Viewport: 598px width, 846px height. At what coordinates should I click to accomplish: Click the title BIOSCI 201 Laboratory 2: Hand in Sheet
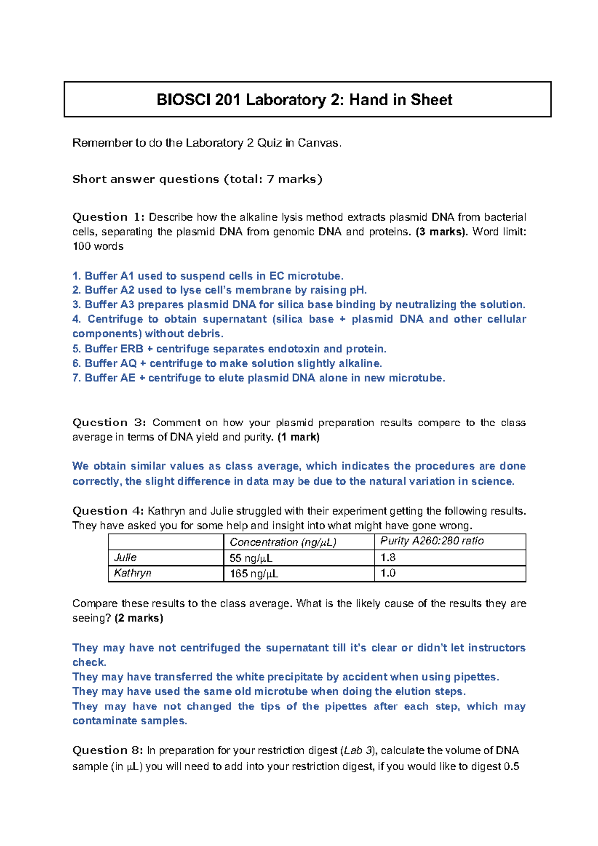pyautogui.click(x=304, y=100)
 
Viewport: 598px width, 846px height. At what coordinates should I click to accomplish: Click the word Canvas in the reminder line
pyautogui.click(x=319, y=143)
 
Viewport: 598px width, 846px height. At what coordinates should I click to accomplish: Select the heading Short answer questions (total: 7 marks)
pyautogui.click(x=197, y=179)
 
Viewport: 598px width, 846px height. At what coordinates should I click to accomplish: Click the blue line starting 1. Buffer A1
pyautogui.click(x=208, y=276)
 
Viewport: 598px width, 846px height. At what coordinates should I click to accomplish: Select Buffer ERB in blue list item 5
pyautogui.click(x=114, y=349)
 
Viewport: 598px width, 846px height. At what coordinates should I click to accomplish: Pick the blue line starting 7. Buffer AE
pyautogui.click(x=258, y=378)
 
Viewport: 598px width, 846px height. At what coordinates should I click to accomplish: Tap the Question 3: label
pyautogui.click(x=109, y=423)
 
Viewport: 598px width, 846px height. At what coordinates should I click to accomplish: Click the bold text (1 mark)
pyautogui.click(x=299, y=437)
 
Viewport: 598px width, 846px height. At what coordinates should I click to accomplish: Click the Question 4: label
pyautogui.click(x=108, y=511)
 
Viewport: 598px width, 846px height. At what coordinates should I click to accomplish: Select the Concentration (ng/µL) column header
pyautogui.click(x=283, y=542)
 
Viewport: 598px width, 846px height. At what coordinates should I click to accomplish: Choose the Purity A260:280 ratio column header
pyautogui.click(x=432, y=541)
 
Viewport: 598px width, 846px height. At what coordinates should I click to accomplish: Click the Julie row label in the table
pyautogui.click(x=125, y=558)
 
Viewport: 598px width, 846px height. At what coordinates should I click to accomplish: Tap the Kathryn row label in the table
pyautogui.click(x=132, y=573)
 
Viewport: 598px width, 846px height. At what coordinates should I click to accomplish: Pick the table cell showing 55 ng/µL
pyautogui.click(x=250, y=558)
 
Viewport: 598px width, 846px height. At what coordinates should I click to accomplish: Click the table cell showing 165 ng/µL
pyautogui.click(x=253, y=574)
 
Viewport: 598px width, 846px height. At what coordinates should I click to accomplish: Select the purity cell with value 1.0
pyautogui.click(x=388, y=573)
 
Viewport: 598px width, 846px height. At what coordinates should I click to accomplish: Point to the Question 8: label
pyautogui.click(x=108, y=751)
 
